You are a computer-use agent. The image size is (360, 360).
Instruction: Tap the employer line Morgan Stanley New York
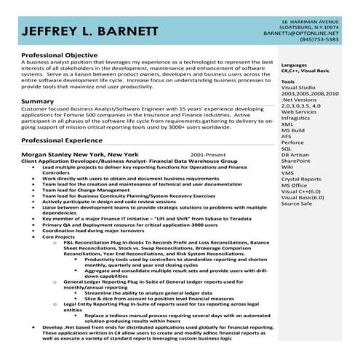click(80, 155)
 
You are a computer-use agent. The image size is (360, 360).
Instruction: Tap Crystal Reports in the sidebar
click(300, 179)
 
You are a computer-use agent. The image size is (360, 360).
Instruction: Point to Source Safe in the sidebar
click(297, 203)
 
